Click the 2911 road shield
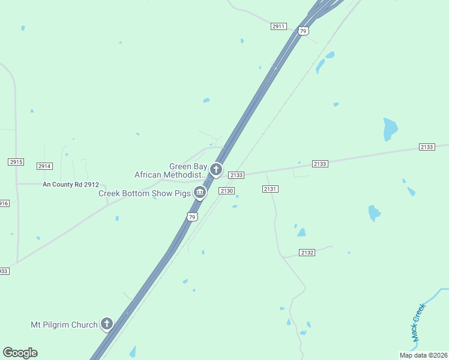tap(279, 26)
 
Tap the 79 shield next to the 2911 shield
tap(303, 31)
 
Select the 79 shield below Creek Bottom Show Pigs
tap(191, 217)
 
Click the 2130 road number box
tap(226, 191)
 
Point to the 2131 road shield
tap(270, 189)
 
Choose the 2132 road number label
tap(307, 253)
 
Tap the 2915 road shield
tap(16, 162)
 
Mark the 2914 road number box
tap(44, 166)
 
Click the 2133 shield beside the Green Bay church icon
tap(237, 175)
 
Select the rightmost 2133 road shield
tap(427, 147)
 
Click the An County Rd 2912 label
tap(70, 184)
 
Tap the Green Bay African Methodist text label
tap(170, 170)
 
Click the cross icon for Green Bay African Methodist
tap(216, 170)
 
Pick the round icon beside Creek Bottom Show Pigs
tap(199, 193)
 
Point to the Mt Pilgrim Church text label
tap(64, 325)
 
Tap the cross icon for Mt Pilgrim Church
tap(107, 325)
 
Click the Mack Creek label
tap(418, 323)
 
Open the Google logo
tap(20, 353)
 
